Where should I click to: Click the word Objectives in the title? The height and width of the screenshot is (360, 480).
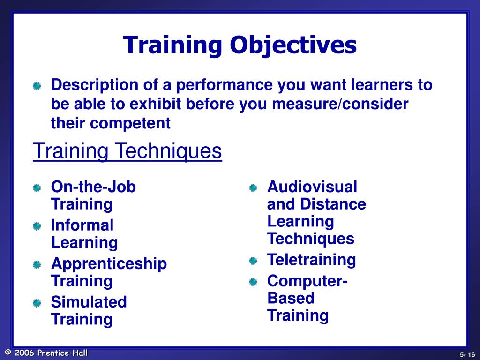[x=293, y=46]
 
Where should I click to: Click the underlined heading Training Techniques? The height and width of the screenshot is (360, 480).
[x=127, y=151]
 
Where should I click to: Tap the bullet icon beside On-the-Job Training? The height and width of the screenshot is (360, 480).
[x=37, y=188]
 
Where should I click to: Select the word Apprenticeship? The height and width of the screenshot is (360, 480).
[x=109, y=264]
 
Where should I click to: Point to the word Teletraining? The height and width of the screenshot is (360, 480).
[x=311, y=260]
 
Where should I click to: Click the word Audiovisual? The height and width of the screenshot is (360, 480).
[x=312, y=187]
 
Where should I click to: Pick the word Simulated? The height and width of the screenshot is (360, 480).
[x=89, y=302]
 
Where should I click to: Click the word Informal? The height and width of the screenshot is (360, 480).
[x=82, y=225]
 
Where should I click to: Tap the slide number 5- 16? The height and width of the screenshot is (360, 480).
[x=467, y=354]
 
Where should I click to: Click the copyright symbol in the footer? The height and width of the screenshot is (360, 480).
[x=7, y=353]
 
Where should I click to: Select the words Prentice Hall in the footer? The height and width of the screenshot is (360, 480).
[x=63, y=353]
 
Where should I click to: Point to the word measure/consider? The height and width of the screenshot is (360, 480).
[x=341, y=104]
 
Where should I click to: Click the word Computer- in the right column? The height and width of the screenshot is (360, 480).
[x=307, y=281]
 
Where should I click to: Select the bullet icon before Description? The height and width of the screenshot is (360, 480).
[x=37, y=87]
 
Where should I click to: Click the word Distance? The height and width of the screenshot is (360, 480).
[x=333, y=204]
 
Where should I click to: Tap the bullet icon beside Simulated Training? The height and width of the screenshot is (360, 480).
[x=37, y=303]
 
